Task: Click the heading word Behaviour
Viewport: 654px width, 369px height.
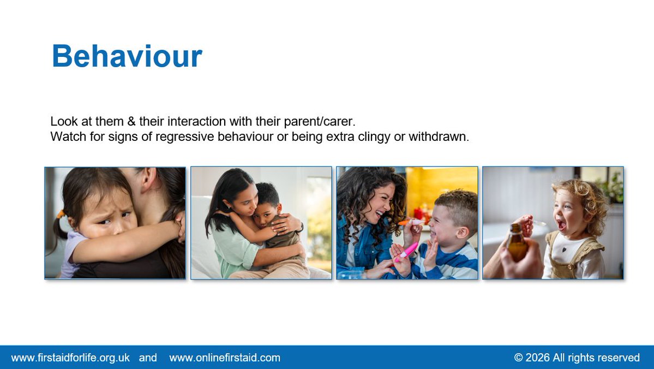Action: pos(127,56)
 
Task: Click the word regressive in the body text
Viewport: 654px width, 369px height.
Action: pos(184,136)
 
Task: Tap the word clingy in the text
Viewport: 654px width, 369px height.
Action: pos(373,136)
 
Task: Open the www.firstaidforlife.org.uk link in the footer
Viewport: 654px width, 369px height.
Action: pos(70,358)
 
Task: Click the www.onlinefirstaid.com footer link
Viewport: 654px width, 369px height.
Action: pos(225,358)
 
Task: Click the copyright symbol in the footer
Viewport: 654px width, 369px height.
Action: pos(518,358)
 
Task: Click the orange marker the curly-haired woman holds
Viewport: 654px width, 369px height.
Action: pos(411,222)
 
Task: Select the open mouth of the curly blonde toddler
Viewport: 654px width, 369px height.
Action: pos(561,224)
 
